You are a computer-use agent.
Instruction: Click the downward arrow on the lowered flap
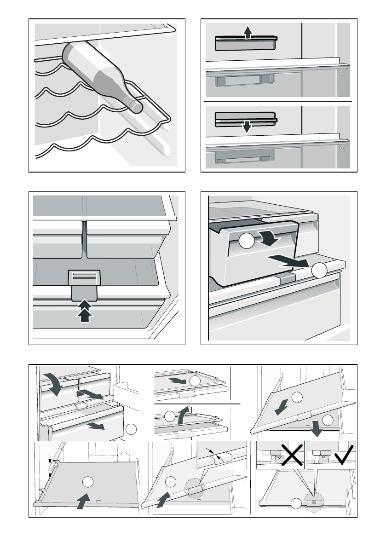[248, 126]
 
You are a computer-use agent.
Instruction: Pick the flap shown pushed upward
[245, 44]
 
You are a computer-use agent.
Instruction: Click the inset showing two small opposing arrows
[221, 456]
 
